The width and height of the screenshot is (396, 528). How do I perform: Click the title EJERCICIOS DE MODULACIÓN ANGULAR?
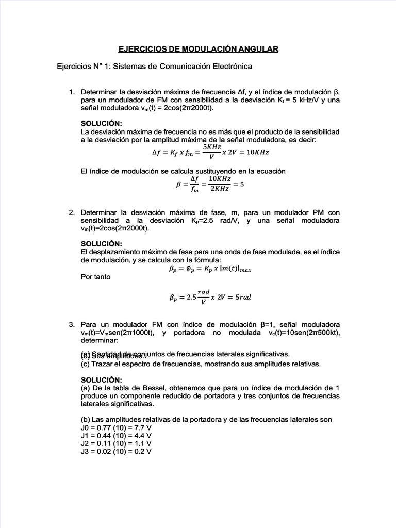[198, 49]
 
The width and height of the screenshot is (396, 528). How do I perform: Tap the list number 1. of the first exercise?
[72, 92]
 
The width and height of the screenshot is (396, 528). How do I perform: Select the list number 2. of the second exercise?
[72, 212]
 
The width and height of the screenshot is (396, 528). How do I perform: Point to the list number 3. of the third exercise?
[72, 325]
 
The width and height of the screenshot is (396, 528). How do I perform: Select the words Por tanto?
[96, 277]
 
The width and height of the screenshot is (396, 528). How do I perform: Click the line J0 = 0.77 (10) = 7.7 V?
[116, 428]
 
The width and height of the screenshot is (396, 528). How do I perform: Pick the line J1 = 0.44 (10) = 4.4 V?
[116, 436]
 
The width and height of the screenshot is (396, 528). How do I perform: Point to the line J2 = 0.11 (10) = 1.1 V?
[116, 443]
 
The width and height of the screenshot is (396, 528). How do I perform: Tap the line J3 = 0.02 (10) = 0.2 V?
[116, 451]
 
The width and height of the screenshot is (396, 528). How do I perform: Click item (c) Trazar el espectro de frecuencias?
[201, 364]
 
